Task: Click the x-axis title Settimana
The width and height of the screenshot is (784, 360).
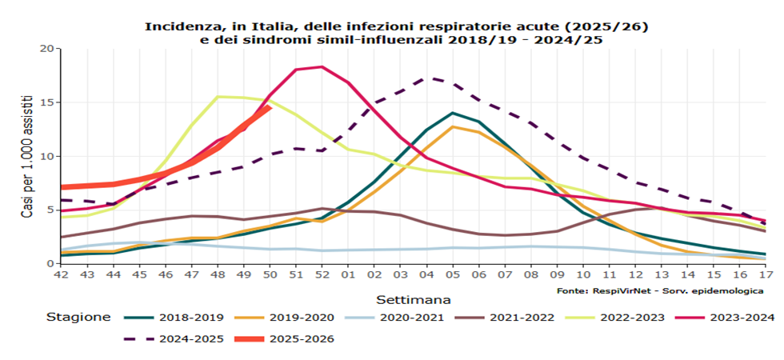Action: (412, 299)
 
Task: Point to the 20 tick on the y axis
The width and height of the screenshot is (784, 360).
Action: (46, 49)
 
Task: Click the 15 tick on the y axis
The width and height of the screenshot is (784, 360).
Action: (46, 102)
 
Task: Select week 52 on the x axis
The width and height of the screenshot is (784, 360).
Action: (322, 275)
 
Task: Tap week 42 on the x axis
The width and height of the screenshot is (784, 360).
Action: (61, 275)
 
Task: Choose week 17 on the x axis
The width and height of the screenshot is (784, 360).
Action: (765, 275)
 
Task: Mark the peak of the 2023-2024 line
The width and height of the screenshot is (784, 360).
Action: (322, 66)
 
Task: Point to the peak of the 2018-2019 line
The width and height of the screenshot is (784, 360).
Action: (453, 113)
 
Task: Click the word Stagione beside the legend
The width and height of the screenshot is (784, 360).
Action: (79, 318)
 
